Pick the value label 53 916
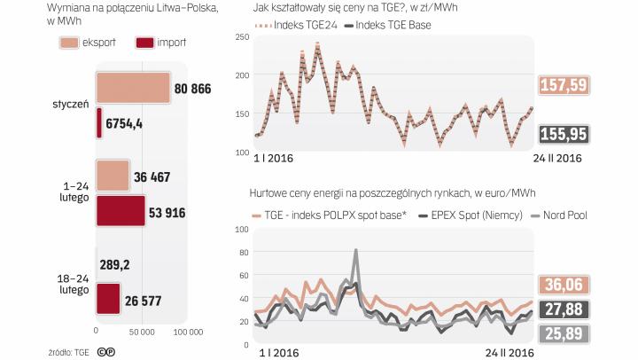(x=172, y=212)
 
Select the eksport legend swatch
(x=71, y=43)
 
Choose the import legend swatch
(x=148, y=43)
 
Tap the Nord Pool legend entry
(x=553, y=215)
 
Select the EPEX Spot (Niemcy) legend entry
(x=467, y=215)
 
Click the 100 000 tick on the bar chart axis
(x=185, y=333)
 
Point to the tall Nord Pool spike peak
(x=355, y=251)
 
